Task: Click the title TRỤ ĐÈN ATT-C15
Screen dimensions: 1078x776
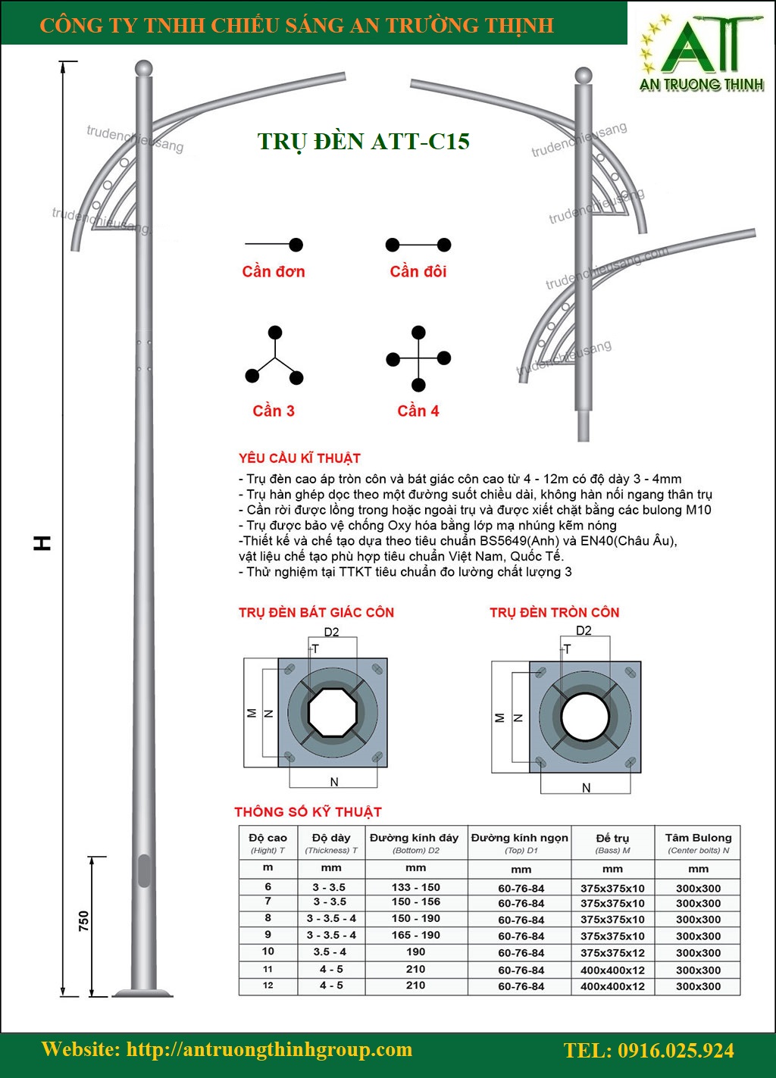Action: pos(364,142)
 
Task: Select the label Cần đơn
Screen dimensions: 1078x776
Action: pos(274,271)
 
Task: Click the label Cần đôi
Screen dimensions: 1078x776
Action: pos(418,271)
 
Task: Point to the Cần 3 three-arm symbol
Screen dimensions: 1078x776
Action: pos(274,356)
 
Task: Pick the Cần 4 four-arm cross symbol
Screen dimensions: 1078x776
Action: pos(418,358)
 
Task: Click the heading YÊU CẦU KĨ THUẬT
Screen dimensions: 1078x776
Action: pos(299,458)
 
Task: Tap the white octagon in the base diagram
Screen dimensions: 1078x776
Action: pos(333,713)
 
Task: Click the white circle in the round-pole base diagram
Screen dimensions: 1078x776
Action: pos(584,717)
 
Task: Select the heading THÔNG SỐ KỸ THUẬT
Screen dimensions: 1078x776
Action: pos(308,812)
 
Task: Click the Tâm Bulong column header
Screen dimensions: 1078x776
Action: pos(698,838)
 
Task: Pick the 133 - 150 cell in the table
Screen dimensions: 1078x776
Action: pos(415,887)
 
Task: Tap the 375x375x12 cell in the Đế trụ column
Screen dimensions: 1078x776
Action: pos(612,953)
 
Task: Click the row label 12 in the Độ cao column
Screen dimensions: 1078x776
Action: pos(268,985)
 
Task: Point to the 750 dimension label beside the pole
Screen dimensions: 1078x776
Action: pos(83,921)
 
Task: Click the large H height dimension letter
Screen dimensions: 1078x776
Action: pos(43,542)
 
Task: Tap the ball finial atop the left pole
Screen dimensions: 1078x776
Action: pos(143,68)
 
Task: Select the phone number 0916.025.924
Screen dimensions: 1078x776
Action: pos(649,1051)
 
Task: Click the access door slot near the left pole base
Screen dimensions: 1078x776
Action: pos(143,871)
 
